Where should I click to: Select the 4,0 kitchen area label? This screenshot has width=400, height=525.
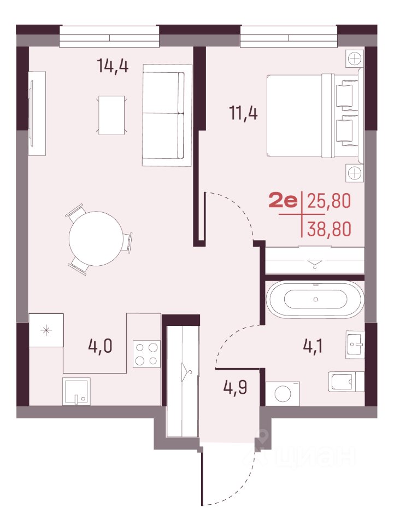pos(100,346)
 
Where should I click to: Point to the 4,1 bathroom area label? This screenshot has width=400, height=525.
pos(313,346)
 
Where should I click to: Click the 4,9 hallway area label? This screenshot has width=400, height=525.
pos(236,388)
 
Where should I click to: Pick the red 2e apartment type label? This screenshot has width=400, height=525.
pos(283,202)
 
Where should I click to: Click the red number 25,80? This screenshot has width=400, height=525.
pos(329,201)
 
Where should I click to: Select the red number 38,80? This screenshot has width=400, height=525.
pos(330,229)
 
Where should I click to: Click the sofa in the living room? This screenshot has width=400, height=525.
pos(167,115)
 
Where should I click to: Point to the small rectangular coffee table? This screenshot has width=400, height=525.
pos(111,115)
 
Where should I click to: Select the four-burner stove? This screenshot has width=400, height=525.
pos(146,354)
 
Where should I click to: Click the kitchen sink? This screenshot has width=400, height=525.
pos(77,392)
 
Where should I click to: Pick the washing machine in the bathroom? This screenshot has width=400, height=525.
pos(283,393)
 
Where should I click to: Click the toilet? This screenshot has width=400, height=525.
pos(346,381)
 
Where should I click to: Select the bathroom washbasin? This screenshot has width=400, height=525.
pos(355,345)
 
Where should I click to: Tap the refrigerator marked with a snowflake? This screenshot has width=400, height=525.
pos(46,330)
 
